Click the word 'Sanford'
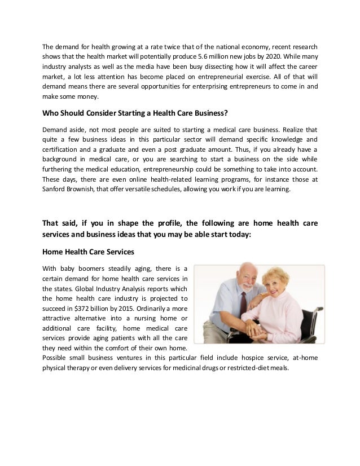pyautogui.click(x=55, y=190)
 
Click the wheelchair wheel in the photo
pyautogui.click(x=316, y=327)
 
